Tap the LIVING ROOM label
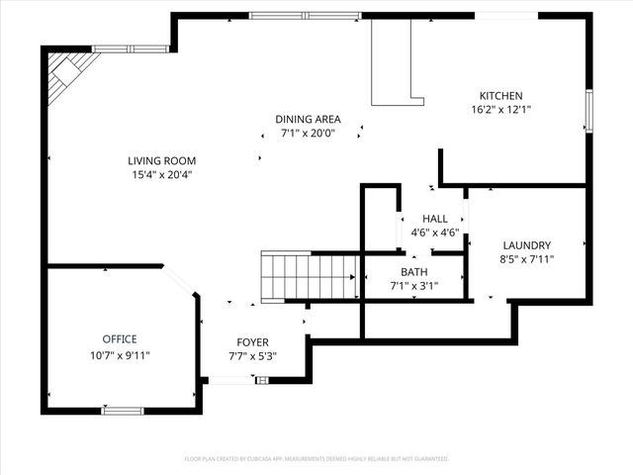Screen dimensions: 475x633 (161, 161)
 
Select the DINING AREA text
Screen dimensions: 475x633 (308, 119)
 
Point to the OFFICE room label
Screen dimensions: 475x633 (120, 339)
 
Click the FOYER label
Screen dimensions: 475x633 (252, 342)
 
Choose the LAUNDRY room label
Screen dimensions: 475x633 (526, 245)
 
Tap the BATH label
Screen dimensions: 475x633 (413, 272)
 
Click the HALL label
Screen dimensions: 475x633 (434, 219)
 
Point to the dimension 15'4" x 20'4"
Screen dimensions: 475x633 (161, 175)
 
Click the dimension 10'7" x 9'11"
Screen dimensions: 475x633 (120, 354)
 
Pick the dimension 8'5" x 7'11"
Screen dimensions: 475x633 (526, 259)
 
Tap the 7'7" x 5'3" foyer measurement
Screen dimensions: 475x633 (252, 356)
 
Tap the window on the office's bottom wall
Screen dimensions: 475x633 (123, 410)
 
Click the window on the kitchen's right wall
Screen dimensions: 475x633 (588, 110)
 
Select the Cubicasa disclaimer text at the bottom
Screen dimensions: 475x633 (316, 459)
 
